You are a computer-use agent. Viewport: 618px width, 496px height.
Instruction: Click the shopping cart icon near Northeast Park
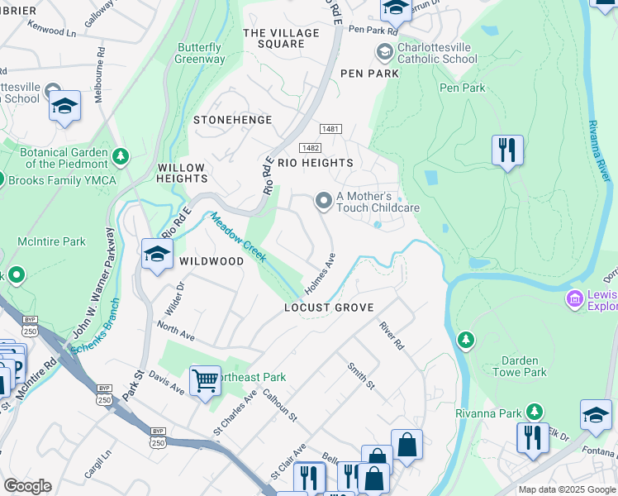click(204, 381)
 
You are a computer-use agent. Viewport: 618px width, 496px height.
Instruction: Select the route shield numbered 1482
click(310, 147)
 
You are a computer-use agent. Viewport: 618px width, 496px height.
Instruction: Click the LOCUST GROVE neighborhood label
click(329, 308)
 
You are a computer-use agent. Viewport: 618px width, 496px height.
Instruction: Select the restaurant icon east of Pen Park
click(506, 150)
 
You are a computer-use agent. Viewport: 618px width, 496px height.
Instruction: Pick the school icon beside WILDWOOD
click(155, 254)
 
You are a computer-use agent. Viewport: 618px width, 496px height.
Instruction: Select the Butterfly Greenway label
click(200, 54)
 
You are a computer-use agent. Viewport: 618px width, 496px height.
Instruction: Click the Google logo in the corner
click(27, 485)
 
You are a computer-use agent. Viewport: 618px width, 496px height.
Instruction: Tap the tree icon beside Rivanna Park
click(535, 412)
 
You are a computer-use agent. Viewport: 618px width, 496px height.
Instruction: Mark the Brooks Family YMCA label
click(63, 180)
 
